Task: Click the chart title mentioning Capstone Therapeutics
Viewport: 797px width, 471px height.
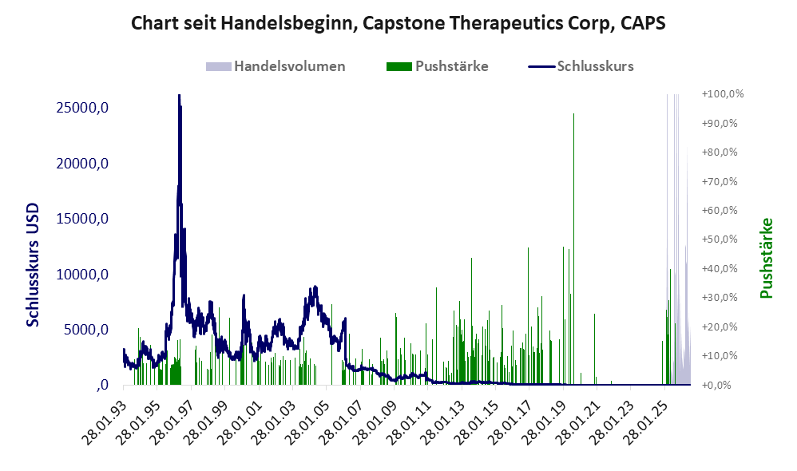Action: point(398,23)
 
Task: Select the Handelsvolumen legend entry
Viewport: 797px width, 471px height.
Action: point(276,66)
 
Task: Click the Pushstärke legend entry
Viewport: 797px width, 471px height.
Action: point(437,66)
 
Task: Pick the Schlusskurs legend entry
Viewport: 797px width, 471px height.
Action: point(581,66)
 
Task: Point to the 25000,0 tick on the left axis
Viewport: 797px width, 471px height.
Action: point(81,108)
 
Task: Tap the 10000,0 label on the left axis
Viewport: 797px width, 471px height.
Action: point(81,275)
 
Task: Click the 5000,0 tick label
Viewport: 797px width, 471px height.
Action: point(85,330)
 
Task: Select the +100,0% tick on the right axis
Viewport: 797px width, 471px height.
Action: point(722,94)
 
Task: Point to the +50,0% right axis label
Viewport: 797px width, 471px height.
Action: point(720,239)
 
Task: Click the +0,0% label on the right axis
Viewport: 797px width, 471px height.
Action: point(716,385)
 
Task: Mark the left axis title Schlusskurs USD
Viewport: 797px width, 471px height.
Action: point(33,265)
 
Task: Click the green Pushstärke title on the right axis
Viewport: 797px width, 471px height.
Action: point(767,258)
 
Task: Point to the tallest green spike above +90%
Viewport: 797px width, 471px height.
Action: point(574,114)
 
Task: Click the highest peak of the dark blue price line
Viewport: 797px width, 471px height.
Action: point(180,96)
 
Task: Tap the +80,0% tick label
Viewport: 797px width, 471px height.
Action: point(720,152)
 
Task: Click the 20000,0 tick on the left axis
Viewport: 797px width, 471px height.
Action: point(81,163)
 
